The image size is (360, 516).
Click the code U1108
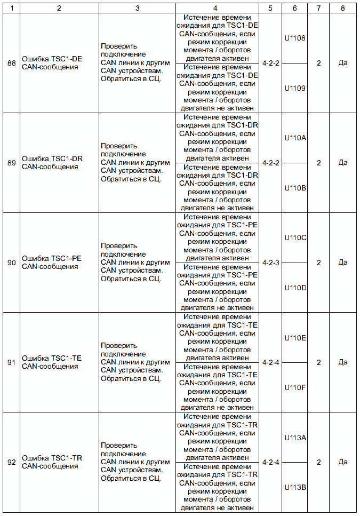(x=295, y=38)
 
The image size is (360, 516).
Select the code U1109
(x=295, y=88)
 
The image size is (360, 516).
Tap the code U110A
(x=295, y=138)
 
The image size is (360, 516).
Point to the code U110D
(x=295, y=288)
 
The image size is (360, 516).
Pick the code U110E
(x=295, y=338)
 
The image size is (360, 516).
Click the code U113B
(x=295, y=487)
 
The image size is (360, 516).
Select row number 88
(x=11, y=63)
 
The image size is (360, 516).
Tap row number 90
(x=11, y=263)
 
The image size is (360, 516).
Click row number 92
(x=11, y=462)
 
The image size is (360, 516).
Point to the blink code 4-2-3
(x=271, y=263)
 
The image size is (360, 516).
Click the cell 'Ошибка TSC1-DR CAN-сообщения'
(x=52, y=163)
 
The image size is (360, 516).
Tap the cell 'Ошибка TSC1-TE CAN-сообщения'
(x=52, y=362)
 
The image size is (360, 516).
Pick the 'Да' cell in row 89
(x=343, y=163)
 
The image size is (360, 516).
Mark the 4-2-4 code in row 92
(x=271, y=462)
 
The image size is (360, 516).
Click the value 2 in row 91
(x=318, y=362)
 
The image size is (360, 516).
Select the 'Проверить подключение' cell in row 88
(x=135, y=63)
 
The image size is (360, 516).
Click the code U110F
(x=295, y=387)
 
